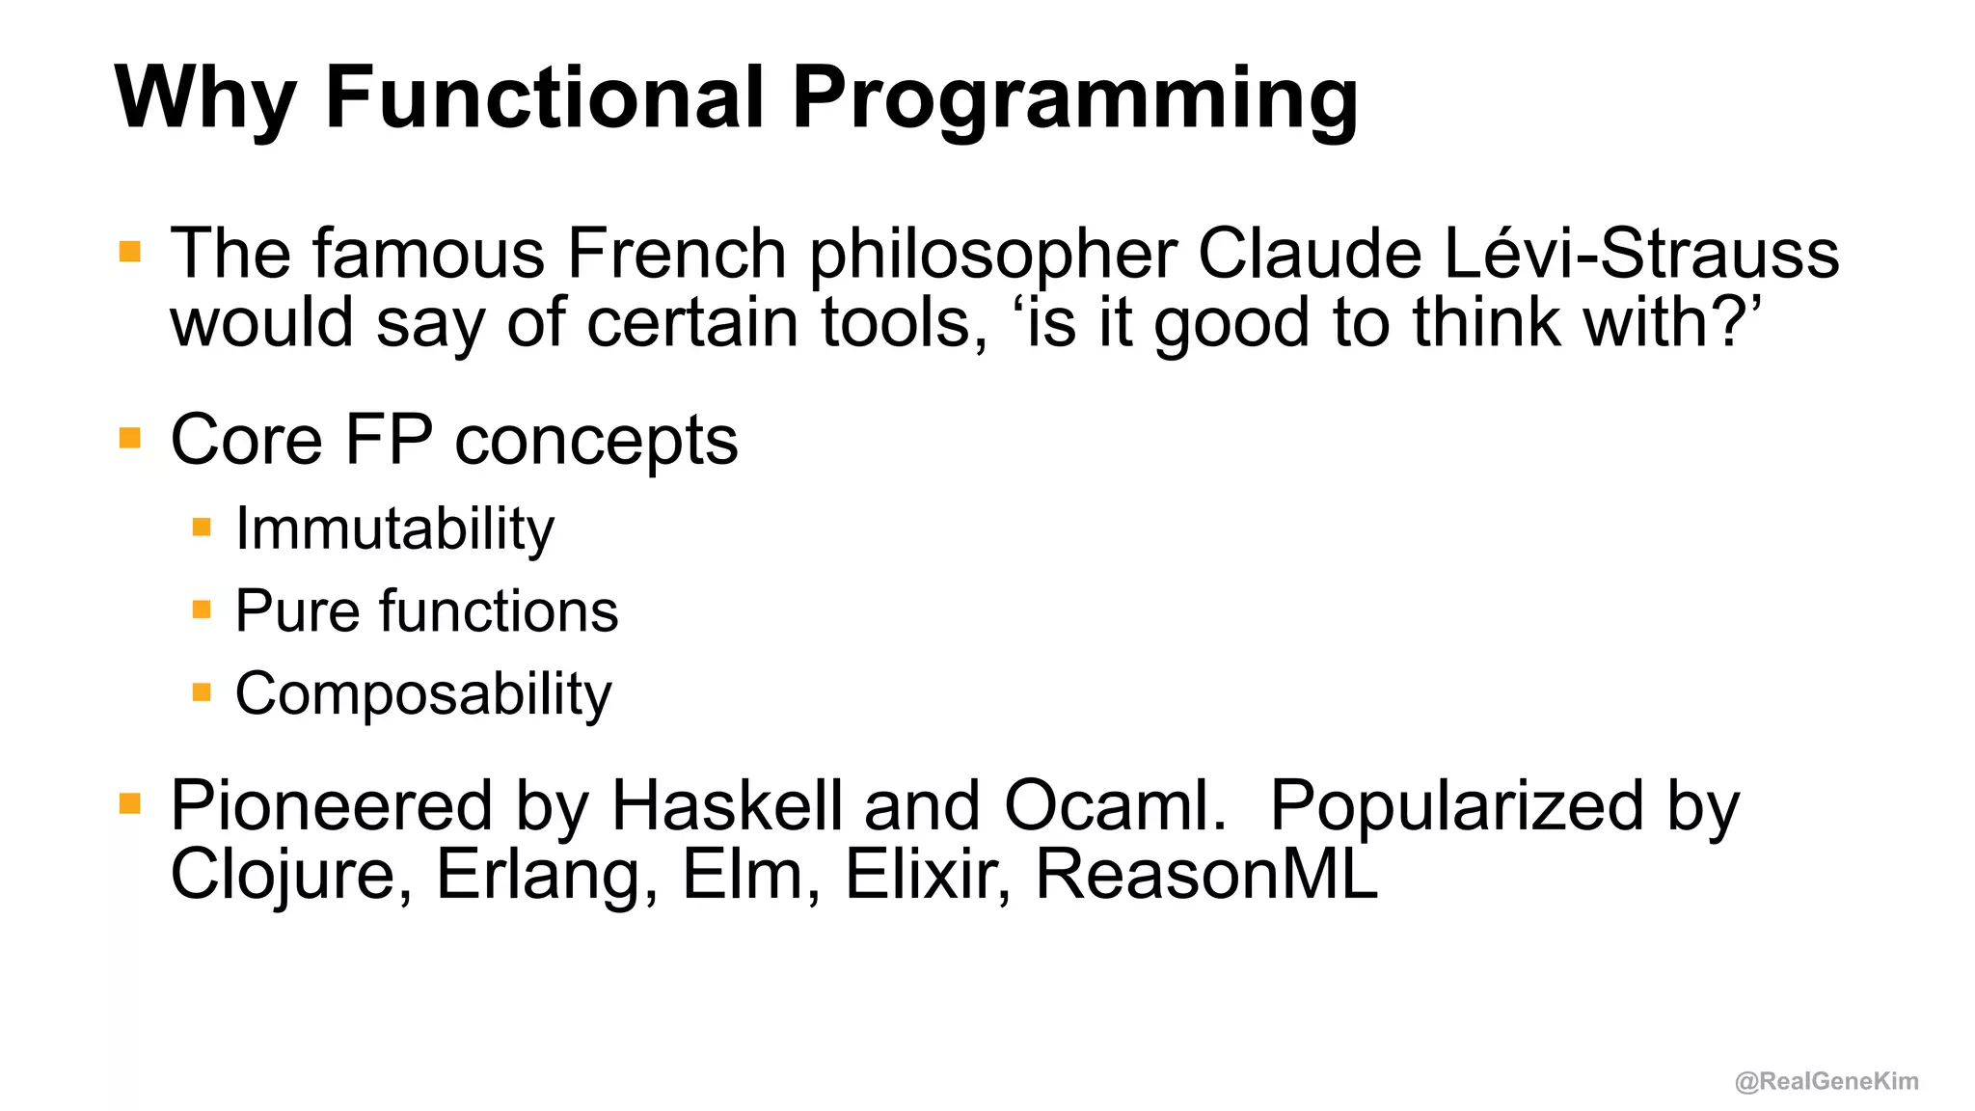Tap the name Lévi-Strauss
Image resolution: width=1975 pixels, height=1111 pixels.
pos(1641,254)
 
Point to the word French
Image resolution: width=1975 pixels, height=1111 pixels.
pos(676,254)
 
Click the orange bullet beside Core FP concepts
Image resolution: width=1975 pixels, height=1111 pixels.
pos(130,439)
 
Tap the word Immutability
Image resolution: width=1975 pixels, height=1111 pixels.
pos(394,529)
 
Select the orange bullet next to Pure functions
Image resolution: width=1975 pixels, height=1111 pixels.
pos(202,610)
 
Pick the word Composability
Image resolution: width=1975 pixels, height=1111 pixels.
pos(423,694)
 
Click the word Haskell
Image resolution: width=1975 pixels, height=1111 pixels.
pos(727,805)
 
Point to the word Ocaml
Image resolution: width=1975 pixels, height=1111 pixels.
pos(1115,805)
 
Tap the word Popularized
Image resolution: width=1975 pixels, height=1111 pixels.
pos(1456,805)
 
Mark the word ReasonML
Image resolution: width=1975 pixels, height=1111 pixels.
pos(1206,874)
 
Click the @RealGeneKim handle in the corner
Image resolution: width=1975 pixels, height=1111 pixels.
pos(1826,1081)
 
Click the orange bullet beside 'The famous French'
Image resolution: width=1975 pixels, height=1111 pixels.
pos(130,253)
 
